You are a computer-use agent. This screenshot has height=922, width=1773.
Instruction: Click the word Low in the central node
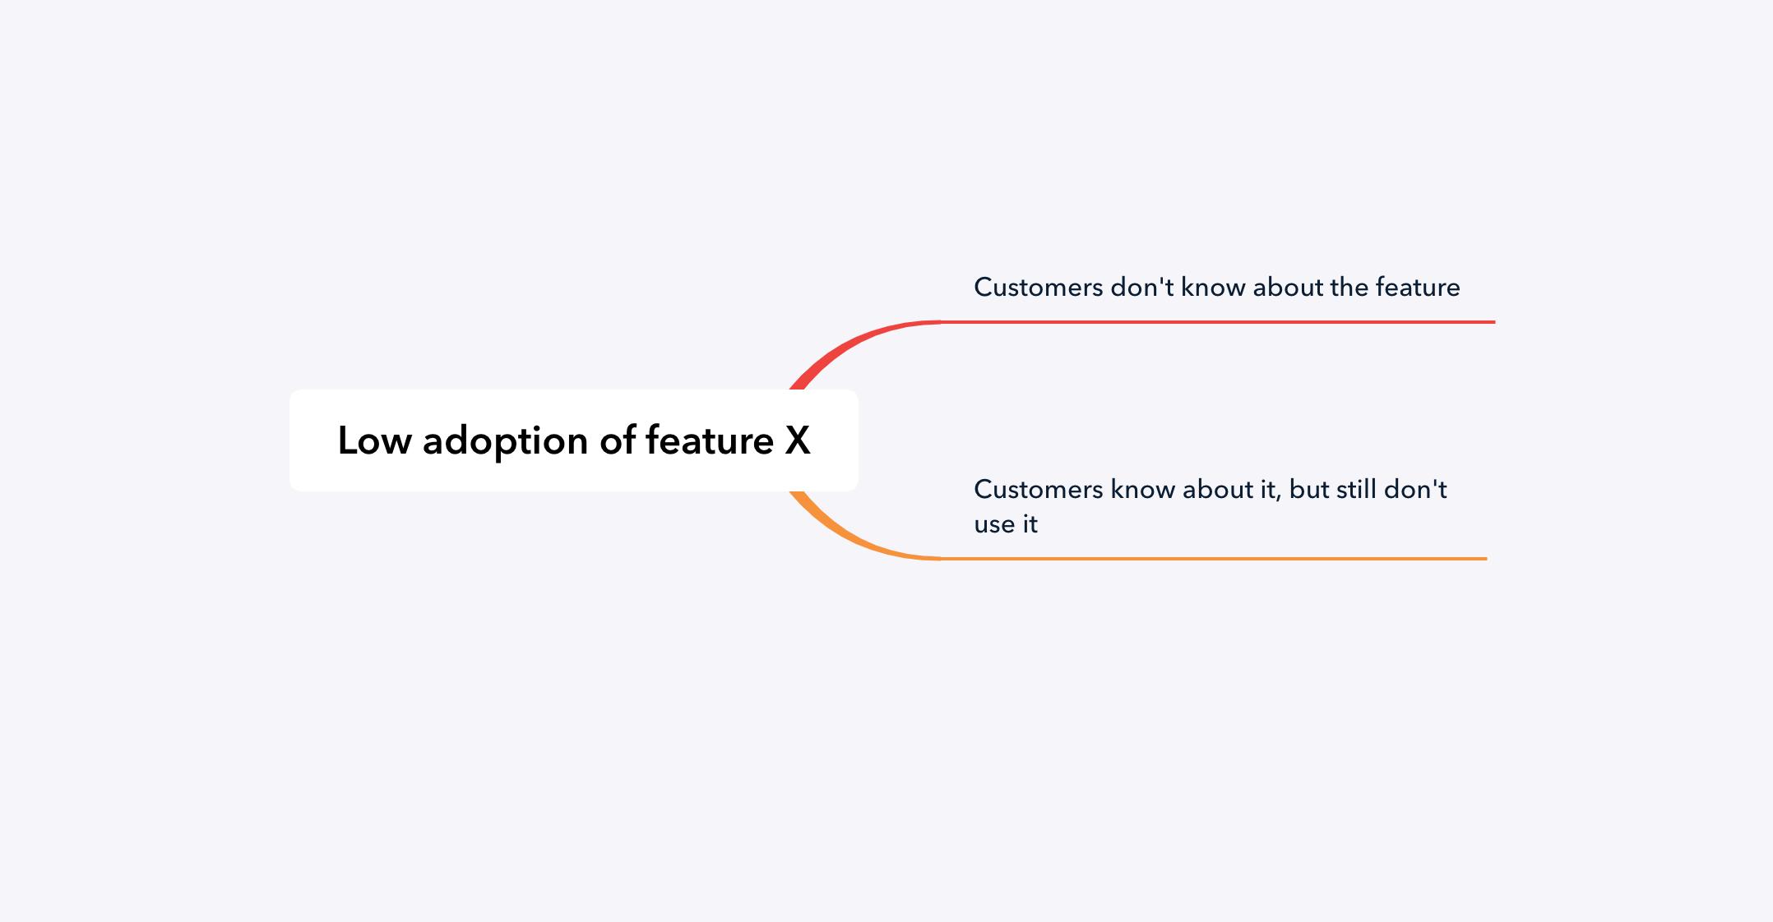pyautogui.click(x=374, y=440)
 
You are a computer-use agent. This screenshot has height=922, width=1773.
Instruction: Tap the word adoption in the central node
pyautogui.click(x=506, y=442)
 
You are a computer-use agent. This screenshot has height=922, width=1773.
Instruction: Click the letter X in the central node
pyautogui.click(x=798, y=440)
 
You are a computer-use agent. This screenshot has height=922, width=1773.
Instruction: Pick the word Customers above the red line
pyautogui.click(x=1039, y=288)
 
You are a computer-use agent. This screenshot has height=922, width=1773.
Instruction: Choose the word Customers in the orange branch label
pyautogui.click(x=1039, y=490)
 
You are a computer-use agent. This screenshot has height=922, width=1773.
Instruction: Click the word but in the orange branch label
pyautogui.click(x=1308, y=490)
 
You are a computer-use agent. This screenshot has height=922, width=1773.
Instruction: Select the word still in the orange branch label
pyautogui.click(x=1357, y=489)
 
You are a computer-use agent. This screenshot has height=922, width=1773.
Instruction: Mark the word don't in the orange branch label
pyautogui.click(x=1416, y=489)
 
